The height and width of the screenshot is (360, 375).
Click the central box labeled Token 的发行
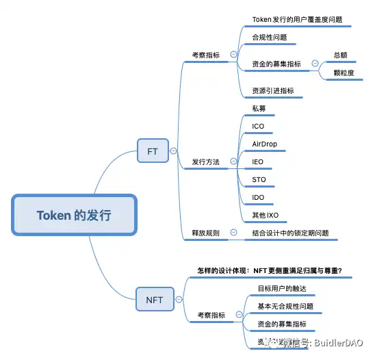pyautogui.click(x=75, y=215)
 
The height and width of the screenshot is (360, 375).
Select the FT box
pyautogui.click(x=153, y=151)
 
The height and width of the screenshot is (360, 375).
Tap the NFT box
pyautogui.click(x=155, y=299)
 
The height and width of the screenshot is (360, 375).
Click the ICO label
pyautogui.click(x=258, y=127)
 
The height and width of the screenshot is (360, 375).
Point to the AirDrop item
pyautogui.click(x=265, y=144)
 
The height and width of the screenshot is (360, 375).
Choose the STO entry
pyautogui.click(x=259, y=180)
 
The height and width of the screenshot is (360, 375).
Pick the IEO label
pyautogui.click(x=258, y=162)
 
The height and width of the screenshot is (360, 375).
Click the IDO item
pyautogui.click(x=258, y=198)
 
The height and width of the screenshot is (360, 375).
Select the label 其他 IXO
pyautogui.click(x=265, y=216)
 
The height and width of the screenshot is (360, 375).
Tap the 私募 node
pyautogui.click(x=259, y=109)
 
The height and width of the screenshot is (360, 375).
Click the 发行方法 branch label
pyautogui.click(x=206, y=162)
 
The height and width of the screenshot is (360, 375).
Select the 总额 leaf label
pyautogui.click(x=341, y=54)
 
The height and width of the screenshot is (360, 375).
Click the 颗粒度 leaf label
pyautogui.click(x=344, y=73)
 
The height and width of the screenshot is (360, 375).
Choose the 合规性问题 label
pyautogui.click(x=270, y=37)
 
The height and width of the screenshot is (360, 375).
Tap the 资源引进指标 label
pyautogui.click(x=277, y=90)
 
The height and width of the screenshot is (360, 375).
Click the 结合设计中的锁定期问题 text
pyautogui.click(x=291, y=233)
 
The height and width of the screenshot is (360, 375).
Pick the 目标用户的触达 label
pyautogui.click(x=282, y=287)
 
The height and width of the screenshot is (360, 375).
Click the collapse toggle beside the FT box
pyautogui.click(x=173, y=151)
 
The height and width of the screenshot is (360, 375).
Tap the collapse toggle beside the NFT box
pyautogui.click(x=179, y=299)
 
